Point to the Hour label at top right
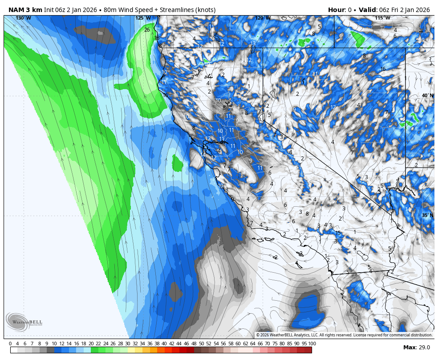(x=337, y=10)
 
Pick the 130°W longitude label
(x=23, y=18)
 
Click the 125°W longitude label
(x=143, y=18)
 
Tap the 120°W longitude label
(x=263, y=18)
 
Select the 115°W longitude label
(x=382, y=18)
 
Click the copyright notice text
(x=344, y=335)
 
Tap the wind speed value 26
(x=147, y=30)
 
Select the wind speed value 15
(x=338, y=233)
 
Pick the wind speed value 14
(x=408, y=209)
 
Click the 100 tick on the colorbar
(x=312, y=344)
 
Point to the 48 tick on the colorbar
(x=194, y=344)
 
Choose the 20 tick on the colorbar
(x=91, y=344)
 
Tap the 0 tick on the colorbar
(x=10, y=344)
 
